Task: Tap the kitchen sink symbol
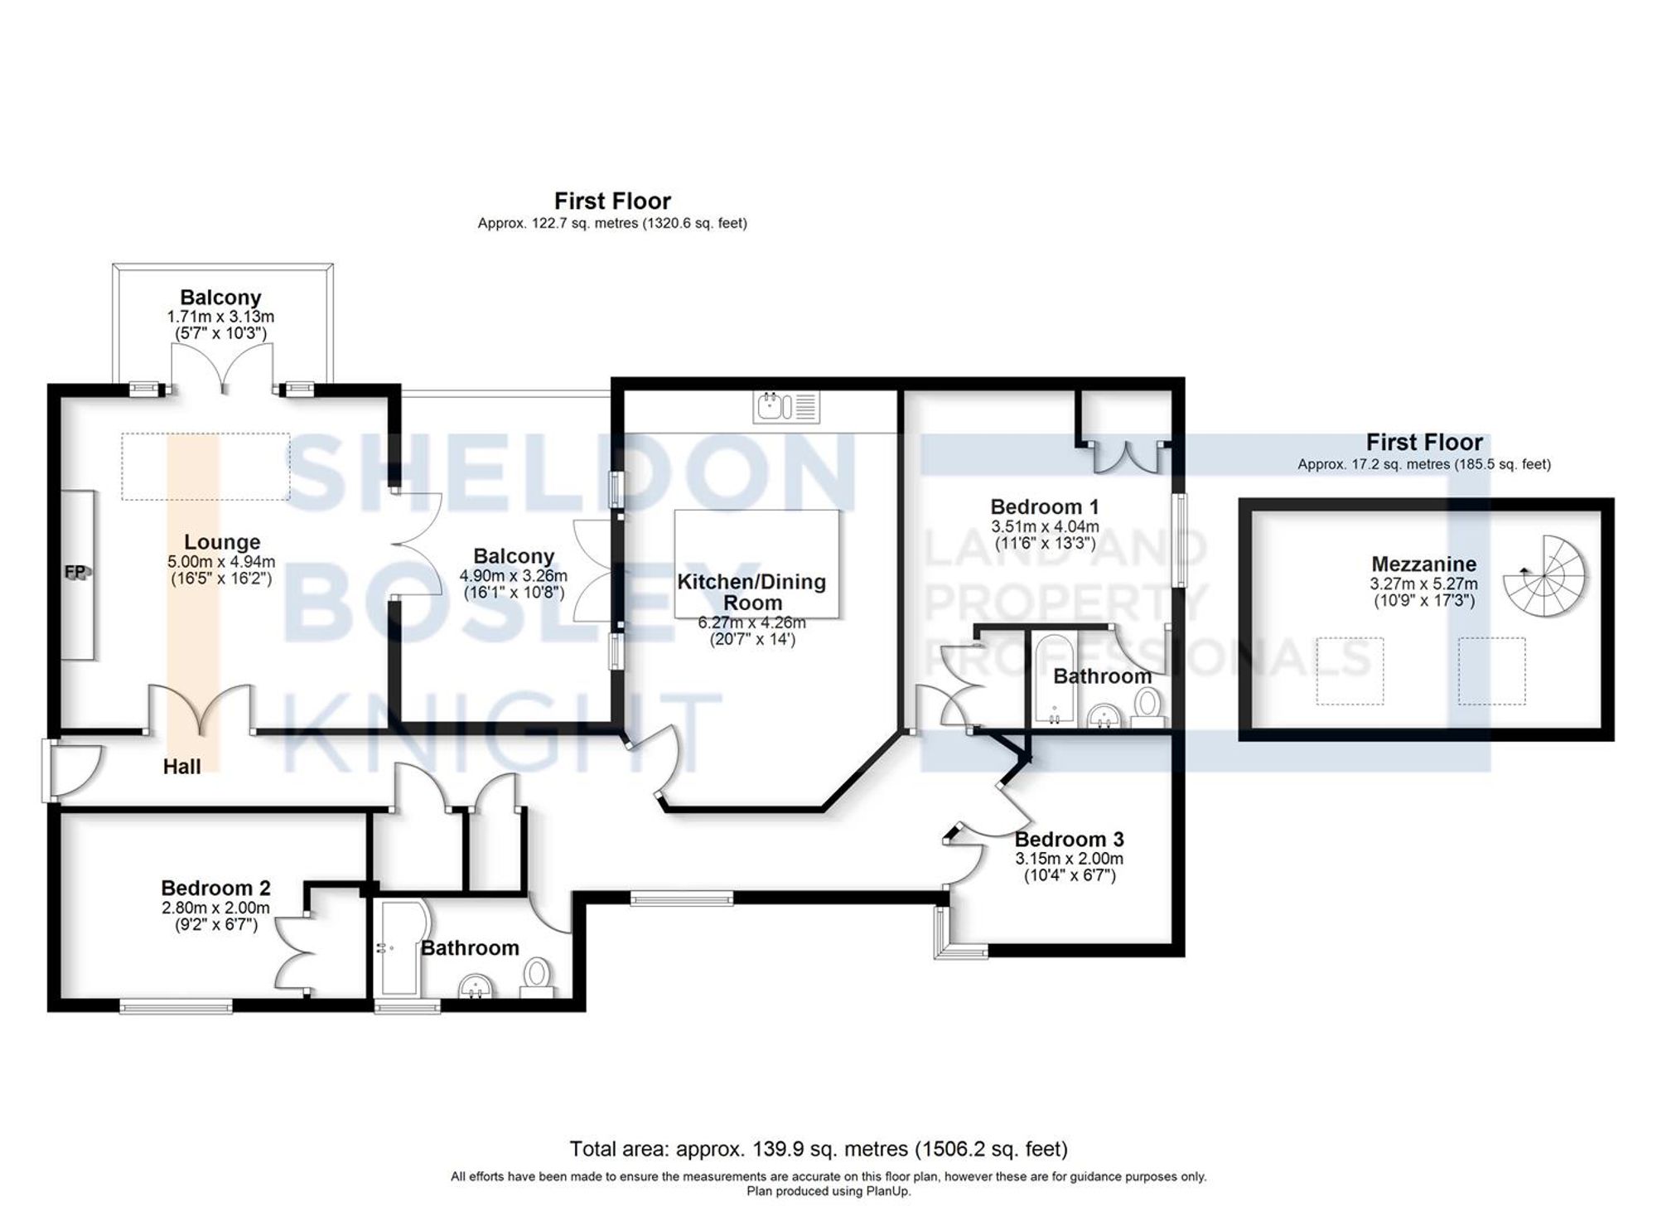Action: click(785, 407)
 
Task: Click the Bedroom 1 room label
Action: click(1045, 506)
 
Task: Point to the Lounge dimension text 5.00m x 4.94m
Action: click(221, 561)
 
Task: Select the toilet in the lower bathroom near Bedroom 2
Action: click(539, 976)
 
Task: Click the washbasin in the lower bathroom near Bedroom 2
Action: click(476, 986)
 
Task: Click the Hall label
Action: click(181, 767)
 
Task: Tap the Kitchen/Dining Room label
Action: click(751, 592)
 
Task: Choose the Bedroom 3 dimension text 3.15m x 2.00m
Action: click(1069, 859)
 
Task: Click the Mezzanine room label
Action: click(1423, 564)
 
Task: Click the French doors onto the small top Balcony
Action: click(223, 369)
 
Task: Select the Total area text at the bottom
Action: click(818, 1149)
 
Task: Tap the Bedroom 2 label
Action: click(215, 888)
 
